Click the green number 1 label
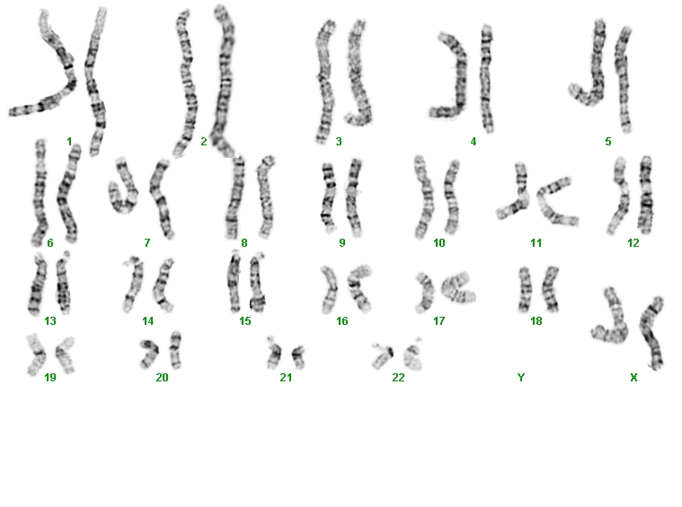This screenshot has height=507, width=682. click(x=69, y=141)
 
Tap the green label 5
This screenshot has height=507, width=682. click(x=608, y=141)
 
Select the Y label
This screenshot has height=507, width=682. click(x=521, y=378)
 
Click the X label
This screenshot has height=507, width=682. click(x=633, y=378)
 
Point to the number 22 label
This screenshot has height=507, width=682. click(x=398, y=378)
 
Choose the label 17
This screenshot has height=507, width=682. click(x=438, y=320)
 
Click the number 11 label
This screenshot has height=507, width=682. click(x=536, y=242)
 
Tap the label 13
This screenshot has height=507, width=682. click(x=50, y=320)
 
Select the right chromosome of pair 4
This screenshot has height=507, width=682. click(x=487, y=78)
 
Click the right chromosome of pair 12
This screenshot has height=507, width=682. click(x=645, y=195)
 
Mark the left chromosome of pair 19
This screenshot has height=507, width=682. click(x=37, y=354)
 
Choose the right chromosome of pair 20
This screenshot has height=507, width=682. click(x=175, y=350)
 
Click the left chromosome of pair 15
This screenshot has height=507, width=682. click(x=234, y=283)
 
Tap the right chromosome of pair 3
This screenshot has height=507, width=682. click(x=359, y=72)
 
